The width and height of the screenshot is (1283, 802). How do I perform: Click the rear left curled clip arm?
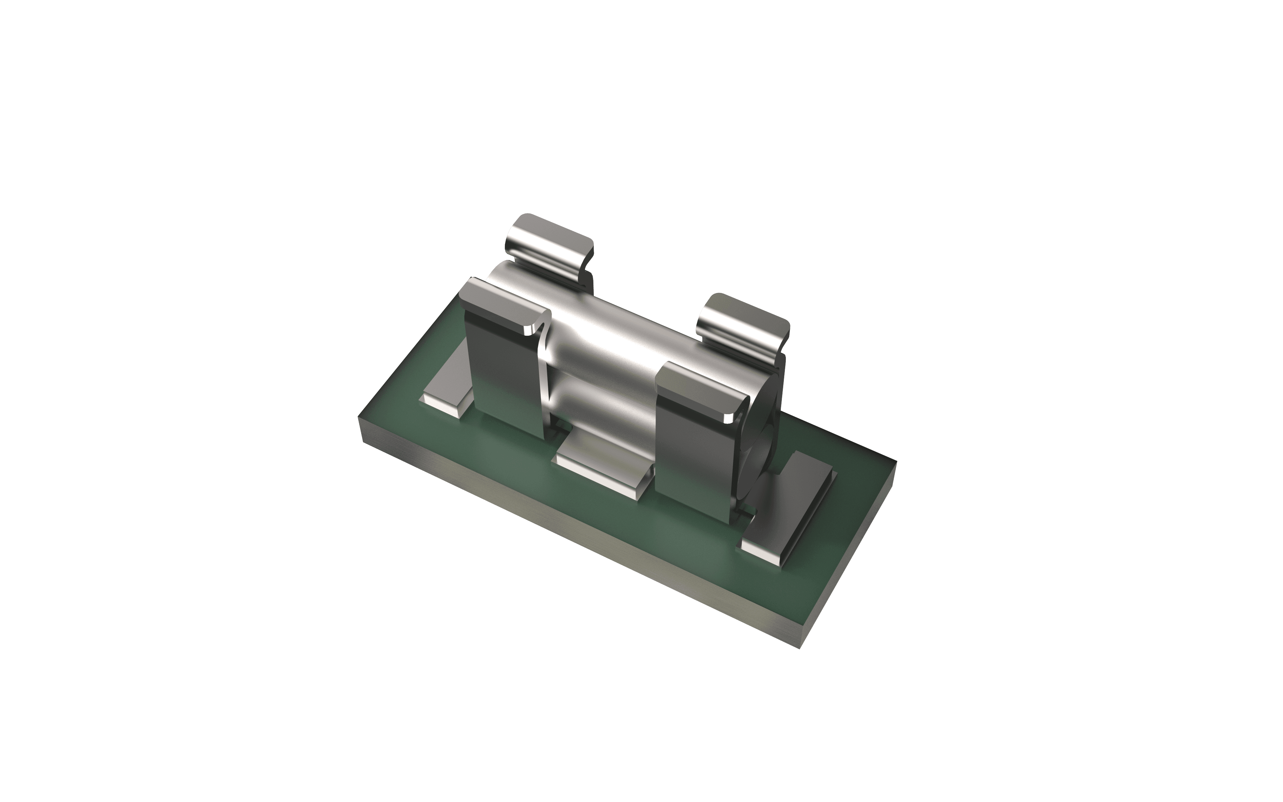click(x=549, y=244)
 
